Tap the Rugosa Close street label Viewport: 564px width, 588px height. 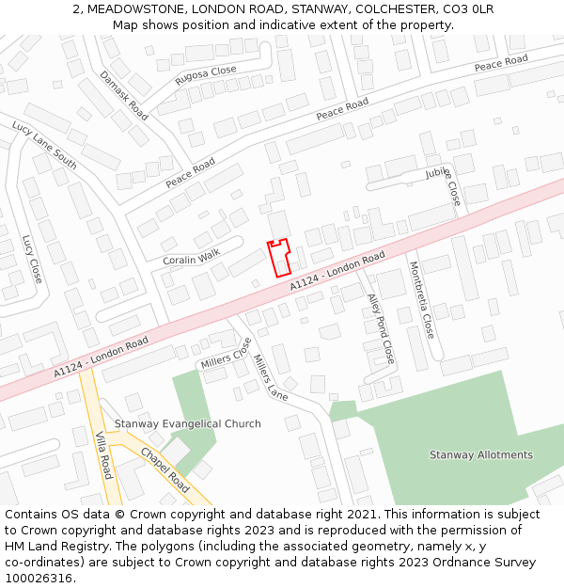[206, 76]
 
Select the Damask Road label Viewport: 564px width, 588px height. [124, 95]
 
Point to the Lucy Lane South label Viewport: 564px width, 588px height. [44, 144]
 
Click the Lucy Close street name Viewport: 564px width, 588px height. [32, 259]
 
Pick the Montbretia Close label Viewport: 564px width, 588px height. [421, 300]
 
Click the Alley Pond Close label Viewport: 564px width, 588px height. [381, 328]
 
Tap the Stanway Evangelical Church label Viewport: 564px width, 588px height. [188, 424]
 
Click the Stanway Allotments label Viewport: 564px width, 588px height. [481, 455]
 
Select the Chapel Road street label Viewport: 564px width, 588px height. [165, 469]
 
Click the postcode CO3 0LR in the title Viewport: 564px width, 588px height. [468, 8]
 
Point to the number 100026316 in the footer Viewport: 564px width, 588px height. [40, 579]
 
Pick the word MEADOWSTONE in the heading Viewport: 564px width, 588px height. [130, 8]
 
